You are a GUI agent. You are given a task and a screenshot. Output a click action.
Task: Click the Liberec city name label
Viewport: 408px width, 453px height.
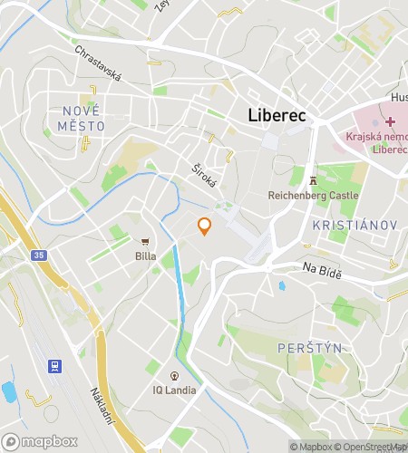coord(277,116)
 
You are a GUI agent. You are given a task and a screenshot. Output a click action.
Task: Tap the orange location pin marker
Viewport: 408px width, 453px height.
coord(204,226)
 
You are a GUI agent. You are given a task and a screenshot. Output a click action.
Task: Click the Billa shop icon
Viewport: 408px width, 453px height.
coord(145,241)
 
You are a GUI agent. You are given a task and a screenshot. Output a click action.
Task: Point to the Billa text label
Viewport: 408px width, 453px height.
coord(145,256)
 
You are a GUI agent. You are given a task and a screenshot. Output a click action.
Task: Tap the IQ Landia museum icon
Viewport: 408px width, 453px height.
coord(174,375)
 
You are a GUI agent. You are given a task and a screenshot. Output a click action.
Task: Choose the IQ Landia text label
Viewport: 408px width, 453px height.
coord(174,390)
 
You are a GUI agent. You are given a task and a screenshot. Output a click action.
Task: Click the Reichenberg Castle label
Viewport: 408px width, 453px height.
coord(314,195)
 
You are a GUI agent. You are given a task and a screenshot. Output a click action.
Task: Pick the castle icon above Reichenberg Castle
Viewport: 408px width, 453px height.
coord(314,179)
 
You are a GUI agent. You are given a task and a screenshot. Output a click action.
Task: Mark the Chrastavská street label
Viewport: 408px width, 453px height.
coord(98,63)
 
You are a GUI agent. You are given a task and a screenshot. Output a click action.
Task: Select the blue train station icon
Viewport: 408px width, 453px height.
coord(55,366)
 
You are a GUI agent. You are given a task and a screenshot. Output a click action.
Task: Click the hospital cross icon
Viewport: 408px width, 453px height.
coord(390,121)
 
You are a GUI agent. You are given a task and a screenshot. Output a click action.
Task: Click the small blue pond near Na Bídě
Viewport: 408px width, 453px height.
coord(281,285)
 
